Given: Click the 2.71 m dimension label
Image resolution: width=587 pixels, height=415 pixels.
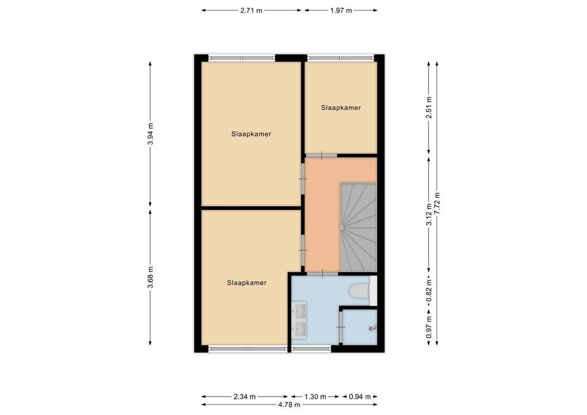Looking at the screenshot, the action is pos(251,10).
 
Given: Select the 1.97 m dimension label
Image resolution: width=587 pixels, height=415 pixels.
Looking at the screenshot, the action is pos(341,10).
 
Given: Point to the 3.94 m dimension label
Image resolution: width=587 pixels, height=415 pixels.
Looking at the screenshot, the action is pos(150,134).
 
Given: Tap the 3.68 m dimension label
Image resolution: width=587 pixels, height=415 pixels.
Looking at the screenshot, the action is pos(150,277).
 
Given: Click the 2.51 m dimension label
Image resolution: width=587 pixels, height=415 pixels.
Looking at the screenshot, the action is pos(429,107).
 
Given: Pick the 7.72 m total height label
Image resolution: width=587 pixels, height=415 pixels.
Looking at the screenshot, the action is pos(437,203).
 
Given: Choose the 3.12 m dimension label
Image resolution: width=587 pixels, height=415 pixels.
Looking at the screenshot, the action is pos(429,214).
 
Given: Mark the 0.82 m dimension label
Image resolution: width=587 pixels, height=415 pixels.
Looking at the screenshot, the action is pos(429,290).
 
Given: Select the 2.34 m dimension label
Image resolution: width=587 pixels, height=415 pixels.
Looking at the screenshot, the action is pos(244,397).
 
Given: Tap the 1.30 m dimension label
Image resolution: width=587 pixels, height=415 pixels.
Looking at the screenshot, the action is pos(315,397).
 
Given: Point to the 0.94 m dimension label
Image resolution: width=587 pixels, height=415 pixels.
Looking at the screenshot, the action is pos(359,397).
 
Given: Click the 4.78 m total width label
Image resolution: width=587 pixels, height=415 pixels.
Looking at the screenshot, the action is pos(289,405).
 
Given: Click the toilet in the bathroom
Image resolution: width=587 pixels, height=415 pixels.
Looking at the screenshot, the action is pos(359,290).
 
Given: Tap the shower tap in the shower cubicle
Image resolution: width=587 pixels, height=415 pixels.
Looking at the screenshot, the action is pos(372,328).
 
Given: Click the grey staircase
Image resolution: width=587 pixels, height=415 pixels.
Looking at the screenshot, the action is pos(358,227).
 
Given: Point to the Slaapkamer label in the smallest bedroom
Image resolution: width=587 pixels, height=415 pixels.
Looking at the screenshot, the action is pos(341,108).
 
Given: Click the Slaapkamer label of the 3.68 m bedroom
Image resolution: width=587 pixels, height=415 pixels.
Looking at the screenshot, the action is pos(247,283).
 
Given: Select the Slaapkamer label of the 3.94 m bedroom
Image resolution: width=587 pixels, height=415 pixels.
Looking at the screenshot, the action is pos(251,134).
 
